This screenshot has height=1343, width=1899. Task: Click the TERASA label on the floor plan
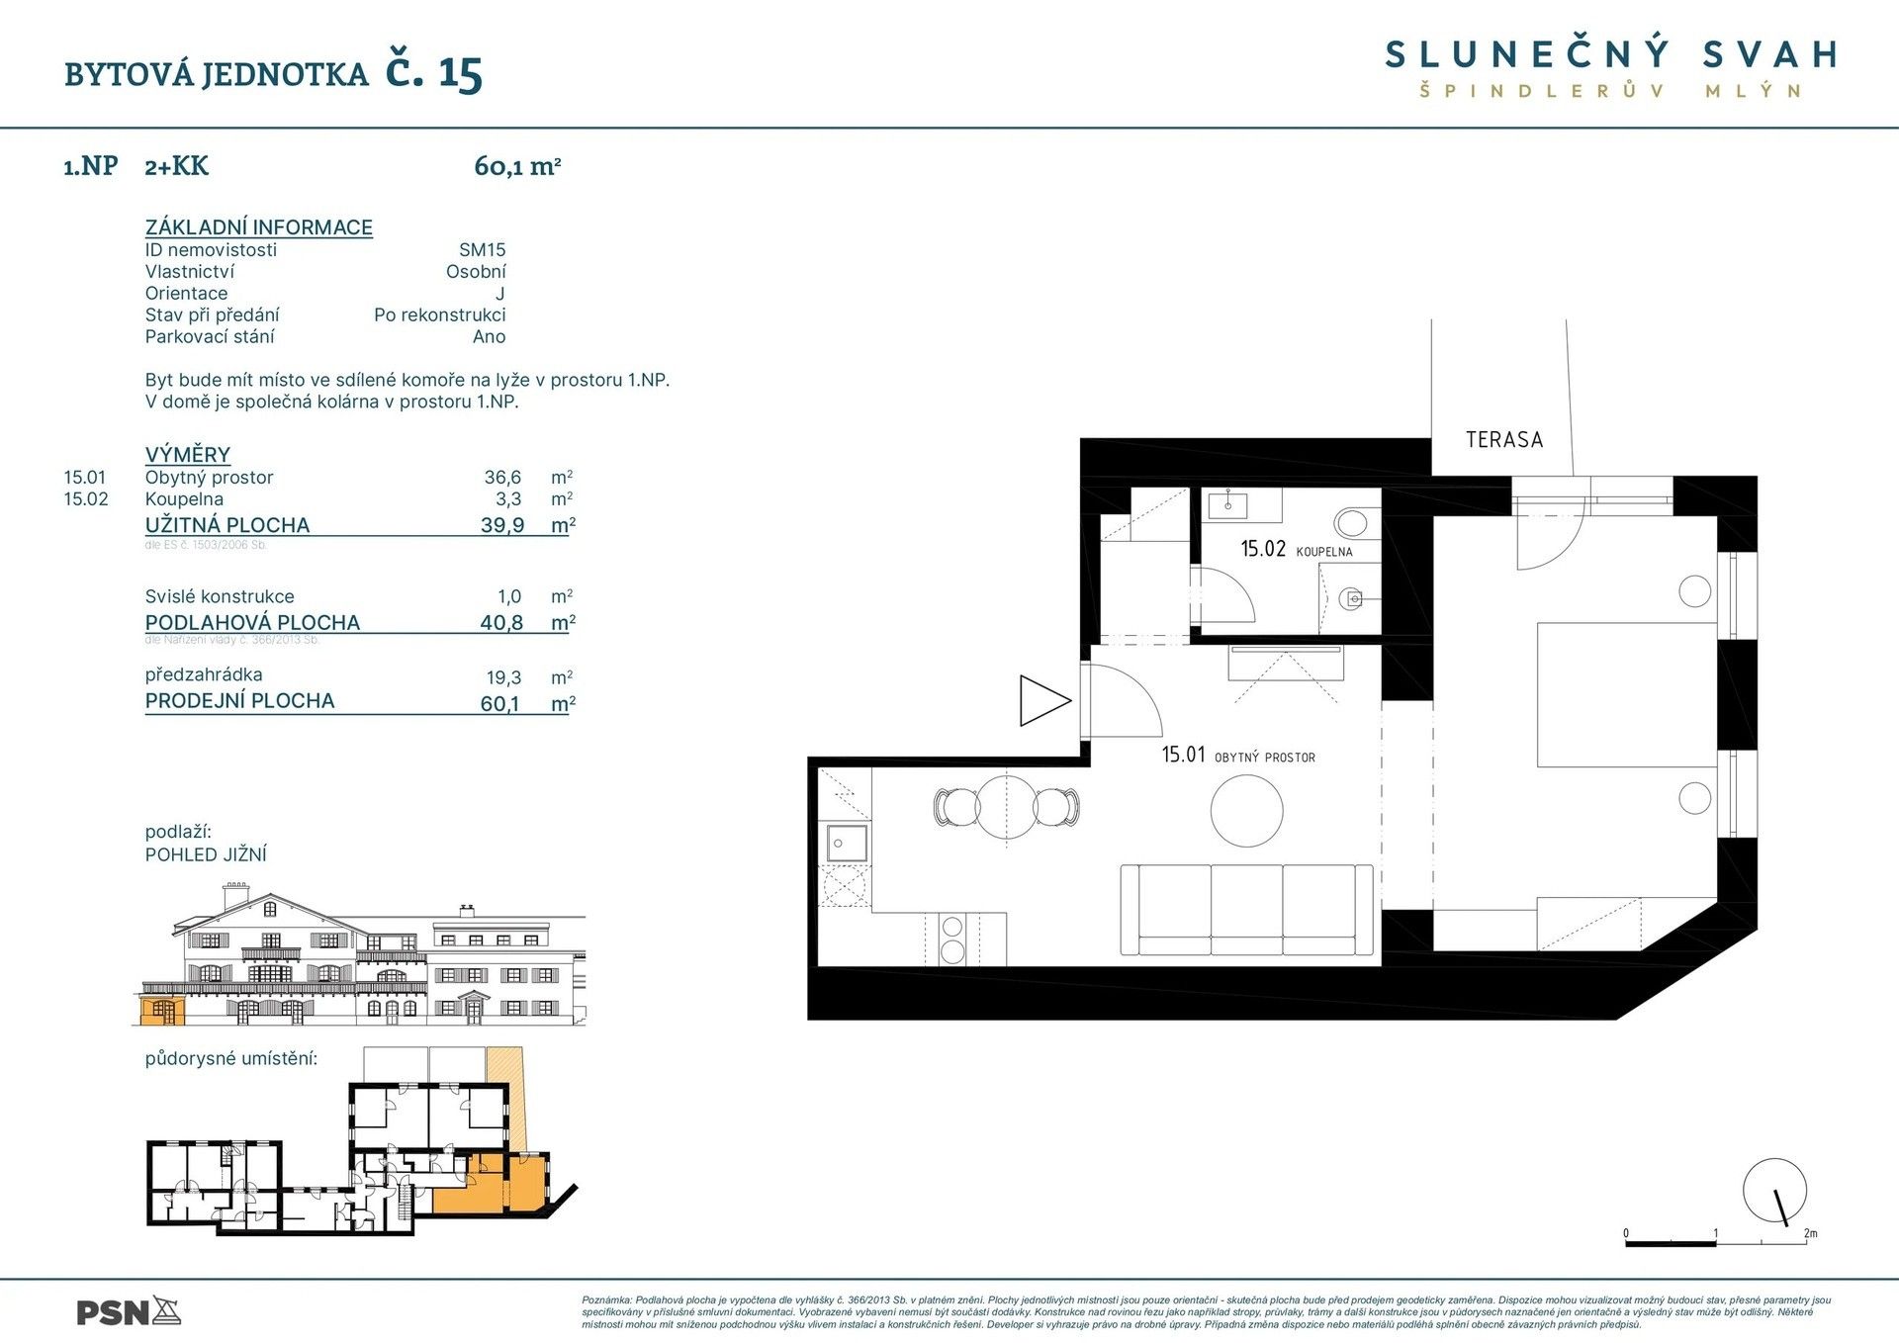1503,440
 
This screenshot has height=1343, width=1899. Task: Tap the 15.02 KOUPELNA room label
1296,549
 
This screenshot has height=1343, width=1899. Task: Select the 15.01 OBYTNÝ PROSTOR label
1237,756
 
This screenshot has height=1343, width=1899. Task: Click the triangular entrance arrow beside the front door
1042,700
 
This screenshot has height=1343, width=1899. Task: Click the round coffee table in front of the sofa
1246,810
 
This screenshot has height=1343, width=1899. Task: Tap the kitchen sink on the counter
847,844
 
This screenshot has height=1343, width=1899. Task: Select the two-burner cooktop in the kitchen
951,939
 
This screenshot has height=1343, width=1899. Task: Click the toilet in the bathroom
1351,521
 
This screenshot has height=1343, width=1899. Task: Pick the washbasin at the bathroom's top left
1229,503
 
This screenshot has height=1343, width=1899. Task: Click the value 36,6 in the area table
502,478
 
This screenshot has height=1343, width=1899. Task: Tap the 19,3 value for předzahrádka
503,678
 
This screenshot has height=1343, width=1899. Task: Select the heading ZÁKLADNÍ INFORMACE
259,227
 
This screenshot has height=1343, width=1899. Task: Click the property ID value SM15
482,250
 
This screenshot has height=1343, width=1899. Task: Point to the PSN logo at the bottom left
129,1312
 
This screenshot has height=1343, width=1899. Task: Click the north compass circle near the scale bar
1774,1190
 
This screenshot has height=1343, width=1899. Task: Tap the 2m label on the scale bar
1810,1233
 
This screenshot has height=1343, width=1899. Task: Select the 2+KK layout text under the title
176,166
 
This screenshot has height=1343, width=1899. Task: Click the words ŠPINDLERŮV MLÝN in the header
1610,91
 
